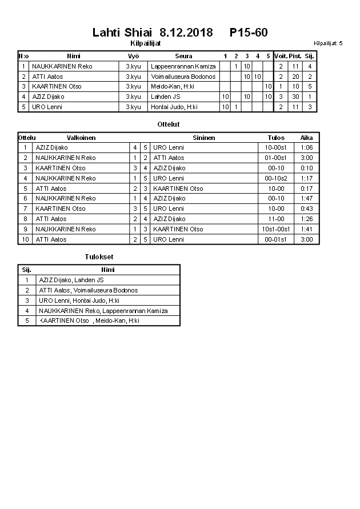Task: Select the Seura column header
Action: (x=183, y=56)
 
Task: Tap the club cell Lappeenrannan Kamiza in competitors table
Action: (x=183, y=66)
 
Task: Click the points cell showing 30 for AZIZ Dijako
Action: (x=295, y=97)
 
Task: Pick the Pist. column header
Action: (x=295, y=56)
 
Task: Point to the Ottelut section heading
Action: (x=168, y=124)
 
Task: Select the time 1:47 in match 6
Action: (x=307, y=198)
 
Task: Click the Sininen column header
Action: (x=204, y=138)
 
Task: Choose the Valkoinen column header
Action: (x=81, y=138)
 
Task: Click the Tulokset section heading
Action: (x=99, y=257)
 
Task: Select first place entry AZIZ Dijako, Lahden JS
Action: (x=71, y=280)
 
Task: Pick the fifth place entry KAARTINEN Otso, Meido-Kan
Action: (x=89, y=320)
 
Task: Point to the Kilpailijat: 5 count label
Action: (x=328, y=43)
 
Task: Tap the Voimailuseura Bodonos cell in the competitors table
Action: (x=183, y=77)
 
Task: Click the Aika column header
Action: (x=307, y=138)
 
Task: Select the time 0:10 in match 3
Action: (x=307, y=168)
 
